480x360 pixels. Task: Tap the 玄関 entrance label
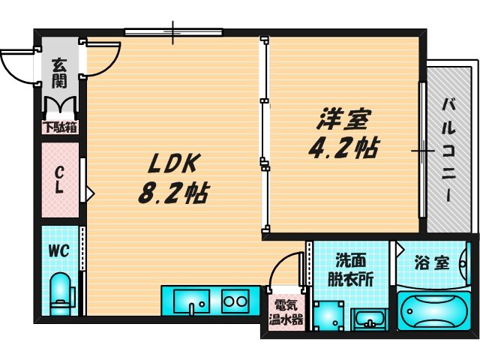tap(60, 73)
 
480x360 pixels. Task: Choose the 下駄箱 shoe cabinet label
tap(60, 127)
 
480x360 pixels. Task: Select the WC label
tap(59, 250)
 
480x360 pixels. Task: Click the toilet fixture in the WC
tap(58, 293)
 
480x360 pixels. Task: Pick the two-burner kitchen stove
tap(235, 301)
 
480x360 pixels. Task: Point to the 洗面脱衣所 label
tap(349, 268)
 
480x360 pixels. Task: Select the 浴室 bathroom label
tap(431, 263)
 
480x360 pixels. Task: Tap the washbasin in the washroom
tap(367, 319)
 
